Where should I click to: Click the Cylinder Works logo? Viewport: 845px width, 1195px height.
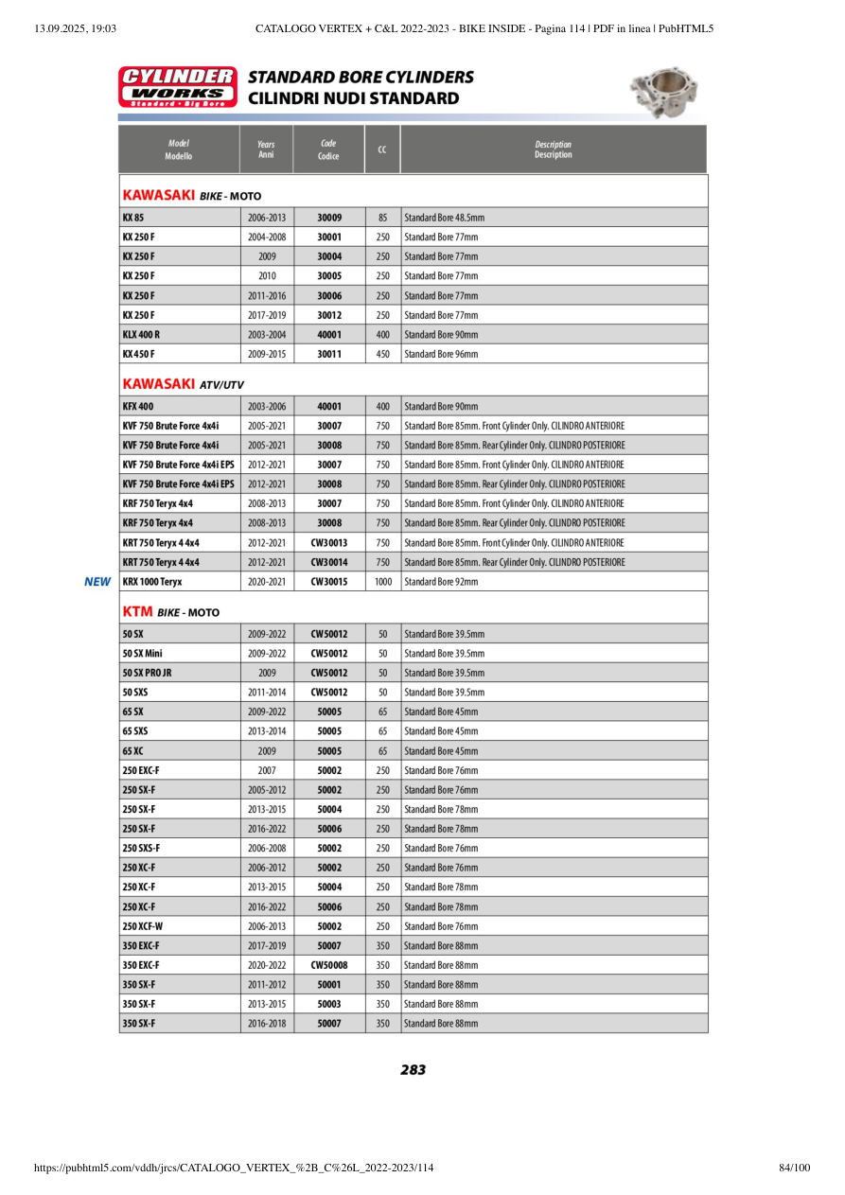[x=177, y=86]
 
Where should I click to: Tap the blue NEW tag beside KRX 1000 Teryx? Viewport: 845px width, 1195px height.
[x=97, y=582]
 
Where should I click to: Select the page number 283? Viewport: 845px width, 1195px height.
[x=413, y=1069]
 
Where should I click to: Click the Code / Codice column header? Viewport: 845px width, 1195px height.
[x=328, y=149]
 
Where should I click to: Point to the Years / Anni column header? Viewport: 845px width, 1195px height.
[x=266, y=149]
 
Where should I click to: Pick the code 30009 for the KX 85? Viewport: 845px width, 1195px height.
[x=329, y=218]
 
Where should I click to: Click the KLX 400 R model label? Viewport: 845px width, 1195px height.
[x=141, y=335]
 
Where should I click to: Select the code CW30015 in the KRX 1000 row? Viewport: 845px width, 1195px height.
[x=329, y=582]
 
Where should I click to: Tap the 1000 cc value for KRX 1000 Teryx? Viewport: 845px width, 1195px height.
[x=382, y=582]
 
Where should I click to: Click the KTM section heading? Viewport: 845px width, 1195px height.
[x=171, y=612]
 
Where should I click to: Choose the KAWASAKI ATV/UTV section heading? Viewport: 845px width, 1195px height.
[x=184, y=384]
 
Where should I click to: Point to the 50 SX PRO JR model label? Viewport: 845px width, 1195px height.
[x=147, y=673]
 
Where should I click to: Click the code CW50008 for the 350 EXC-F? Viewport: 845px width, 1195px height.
[x=329, y=965]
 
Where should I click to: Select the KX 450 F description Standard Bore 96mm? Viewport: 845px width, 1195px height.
[x=441, y=354]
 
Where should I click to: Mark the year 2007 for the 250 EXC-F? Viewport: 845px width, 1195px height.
[x=267, y=770]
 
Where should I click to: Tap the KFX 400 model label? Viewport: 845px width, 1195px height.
[x=138, y=406]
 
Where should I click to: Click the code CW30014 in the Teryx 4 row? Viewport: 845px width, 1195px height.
[x=329, y=562]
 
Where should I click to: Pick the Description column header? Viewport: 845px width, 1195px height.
[x=553, y=149]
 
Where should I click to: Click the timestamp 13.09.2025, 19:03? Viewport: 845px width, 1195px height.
[x=75, y=28]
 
